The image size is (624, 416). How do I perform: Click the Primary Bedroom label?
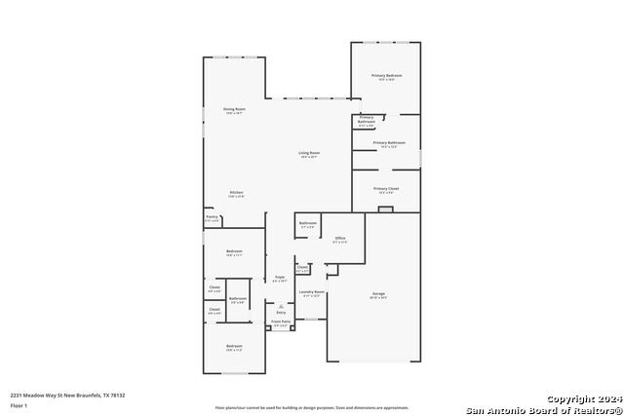tap(387, 75)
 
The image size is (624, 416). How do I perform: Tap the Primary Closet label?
tap(387, 189)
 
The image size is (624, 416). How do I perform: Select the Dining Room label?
tap(234, 109)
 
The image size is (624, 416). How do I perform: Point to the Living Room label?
tap(310, 153)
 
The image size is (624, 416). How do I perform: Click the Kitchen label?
tap(236, 192)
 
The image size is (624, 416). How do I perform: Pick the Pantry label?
tap(212, 217)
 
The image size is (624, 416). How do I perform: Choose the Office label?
tap(340, 238)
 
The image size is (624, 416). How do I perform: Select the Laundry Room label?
tap(312, 292)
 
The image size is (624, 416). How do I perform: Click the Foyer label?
tap(280, 278)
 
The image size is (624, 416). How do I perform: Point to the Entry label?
tap(281, 312)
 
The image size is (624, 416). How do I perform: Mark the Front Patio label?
tap(281, 321)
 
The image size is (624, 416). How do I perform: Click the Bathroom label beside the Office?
tap(308, 224)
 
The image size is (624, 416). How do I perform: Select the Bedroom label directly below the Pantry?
tap(234, 251)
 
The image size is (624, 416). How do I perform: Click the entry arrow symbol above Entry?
tap(281, 305)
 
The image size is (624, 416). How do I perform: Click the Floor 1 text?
tap(19, 404)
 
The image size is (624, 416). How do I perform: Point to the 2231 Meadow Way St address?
tap(67, 395)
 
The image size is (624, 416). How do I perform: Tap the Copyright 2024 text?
tap(584, 399)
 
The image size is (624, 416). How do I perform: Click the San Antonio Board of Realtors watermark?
tap(543, 409)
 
